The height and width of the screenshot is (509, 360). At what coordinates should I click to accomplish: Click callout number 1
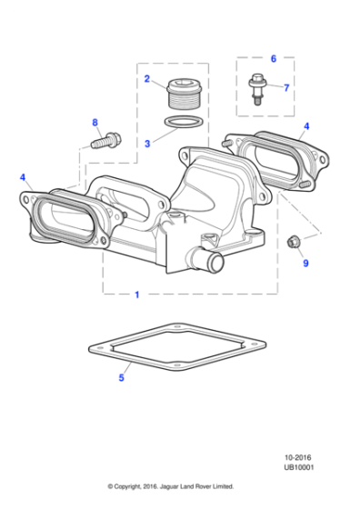coord(137,295)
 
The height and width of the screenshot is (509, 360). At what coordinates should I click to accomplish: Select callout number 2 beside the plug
coord(147,80)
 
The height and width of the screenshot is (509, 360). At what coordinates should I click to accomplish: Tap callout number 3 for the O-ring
coord(147,144)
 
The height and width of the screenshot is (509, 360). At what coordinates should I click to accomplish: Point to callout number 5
coord(121,377)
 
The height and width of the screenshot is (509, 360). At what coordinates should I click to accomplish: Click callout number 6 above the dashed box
coord(273,57)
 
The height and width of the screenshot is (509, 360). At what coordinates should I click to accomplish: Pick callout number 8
coord(94,123)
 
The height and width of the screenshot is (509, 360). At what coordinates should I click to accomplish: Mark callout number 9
coord(305,264)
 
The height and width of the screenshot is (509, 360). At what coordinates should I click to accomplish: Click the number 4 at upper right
coord(306,126)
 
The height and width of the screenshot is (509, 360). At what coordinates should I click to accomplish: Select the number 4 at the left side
coord(23,178)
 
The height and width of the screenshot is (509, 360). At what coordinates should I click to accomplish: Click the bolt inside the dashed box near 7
coord(256,89)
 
